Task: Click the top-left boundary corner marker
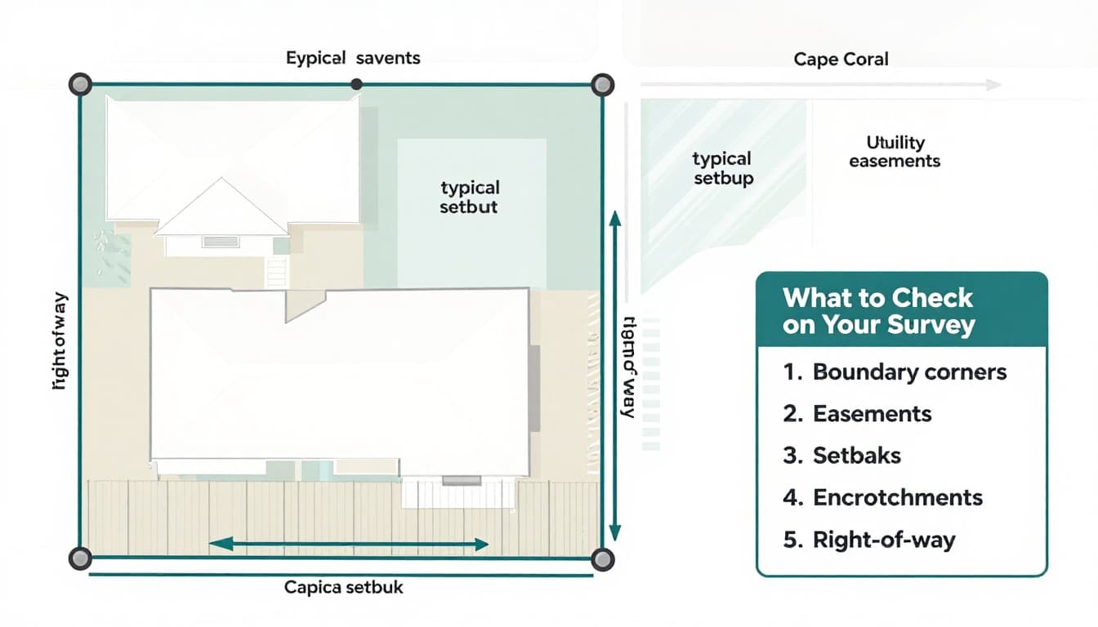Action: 79,84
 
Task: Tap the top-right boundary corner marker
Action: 602,84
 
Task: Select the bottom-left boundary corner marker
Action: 79,558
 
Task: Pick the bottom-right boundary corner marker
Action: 602,558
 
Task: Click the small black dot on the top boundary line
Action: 356,84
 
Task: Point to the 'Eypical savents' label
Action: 353,58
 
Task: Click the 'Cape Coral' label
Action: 841,59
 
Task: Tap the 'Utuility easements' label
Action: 894,152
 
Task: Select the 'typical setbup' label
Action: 722,168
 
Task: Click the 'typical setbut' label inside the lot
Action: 469,198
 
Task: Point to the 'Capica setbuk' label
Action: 343,587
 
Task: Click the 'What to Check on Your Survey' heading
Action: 878,311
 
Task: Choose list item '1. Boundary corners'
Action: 895,372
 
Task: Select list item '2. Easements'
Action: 857,414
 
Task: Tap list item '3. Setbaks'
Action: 841,456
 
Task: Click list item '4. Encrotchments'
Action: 882,497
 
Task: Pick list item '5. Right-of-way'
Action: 868,540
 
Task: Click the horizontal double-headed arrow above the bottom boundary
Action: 349,544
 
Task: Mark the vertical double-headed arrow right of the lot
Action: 615,376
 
